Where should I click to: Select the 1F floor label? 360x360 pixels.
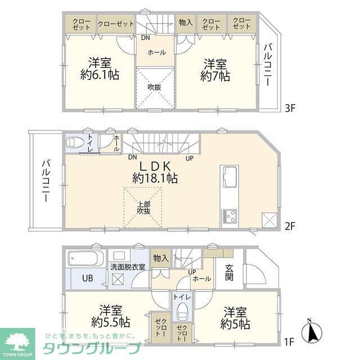tap(290, 341)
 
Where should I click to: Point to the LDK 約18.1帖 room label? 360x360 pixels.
tap(155, 172)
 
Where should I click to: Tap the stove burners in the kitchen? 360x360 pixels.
tap(231, 215)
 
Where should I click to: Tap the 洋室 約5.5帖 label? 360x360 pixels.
tap(114, 316)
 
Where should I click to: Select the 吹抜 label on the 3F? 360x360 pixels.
tap(155, 87)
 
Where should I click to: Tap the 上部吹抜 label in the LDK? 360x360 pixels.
tap(143, 207)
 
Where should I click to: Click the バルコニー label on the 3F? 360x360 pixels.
tap(269, 64)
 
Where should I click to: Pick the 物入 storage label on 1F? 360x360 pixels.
tap(161, 258)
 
